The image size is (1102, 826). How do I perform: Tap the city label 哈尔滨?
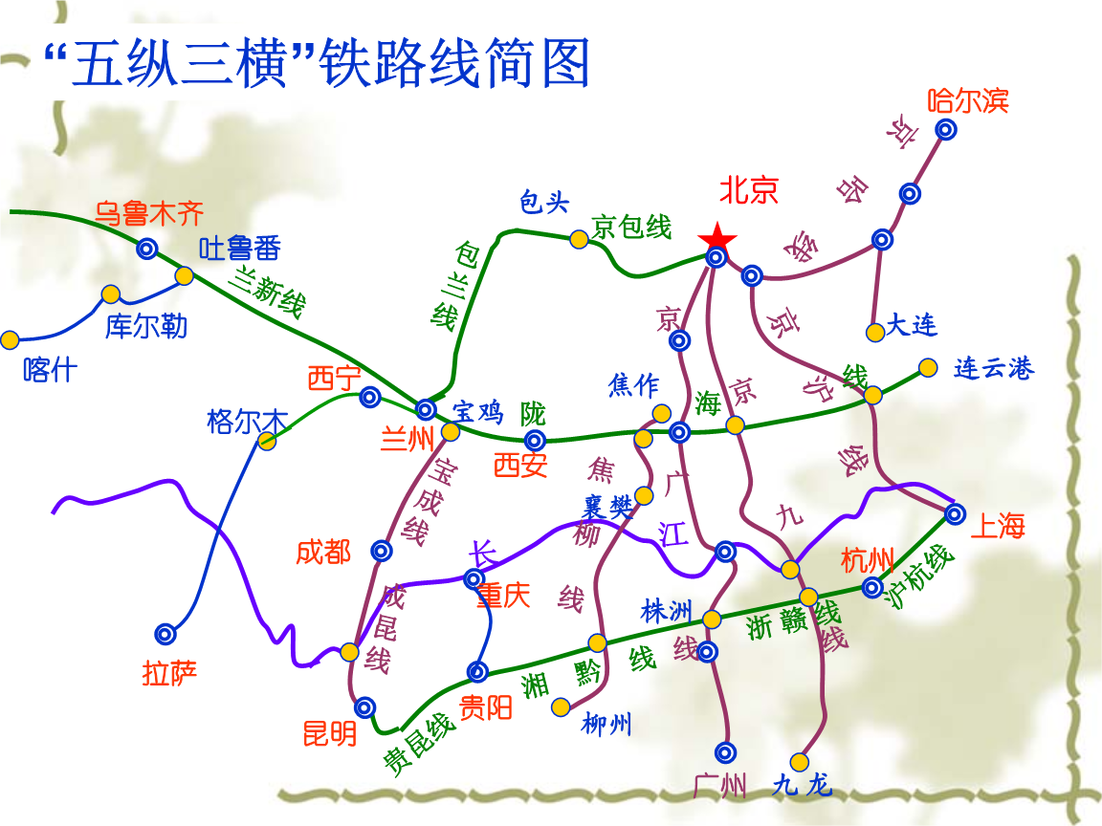pyautogui.click(x=968, y=101)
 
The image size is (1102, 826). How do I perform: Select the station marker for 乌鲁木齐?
pyautogui.click(x=147, y=249)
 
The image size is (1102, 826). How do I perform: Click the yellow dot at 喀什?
pyautogui.click(x=10, y=340)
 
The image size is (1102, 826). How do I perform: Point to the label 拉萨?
pyautogui.click(x=169, y=673)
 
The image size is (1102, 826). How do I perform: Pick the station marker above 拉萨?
pyautogui.click(x=165, y=634)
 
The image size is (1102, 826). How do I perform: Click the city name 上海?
pyautogui.click(x=998, y=526)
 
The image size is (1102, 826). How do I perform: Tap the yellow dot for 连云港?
pyautogui.click(x=929, y=367)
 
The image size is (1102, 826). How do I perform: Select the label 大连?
pyautogui.click(x=912, y=325)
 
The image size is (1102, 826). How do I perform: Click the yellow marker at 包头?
pyautogui.click(x=579, y=240)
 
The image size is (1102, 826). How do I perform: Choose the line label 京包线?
pyautogui.click(x=631, y=227)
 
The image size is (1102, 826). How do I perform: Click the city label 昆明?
pyautogui.click(x=330, y=734)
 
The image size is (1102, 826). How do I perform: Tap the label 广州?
pyautogui.click(x=719, y=785)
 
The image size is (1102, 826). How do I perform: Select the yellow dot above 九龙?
pyautogui.click(x=799, y=762)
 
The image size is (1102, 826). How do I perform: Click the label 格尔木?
pyautogui.click(x=248, y=423)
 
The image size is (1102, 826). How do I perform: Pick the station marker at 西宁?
pyautogui.click(x=370, y=398)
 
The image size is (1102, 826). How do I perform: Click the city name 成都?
pyautogui.click(x=323, y=552)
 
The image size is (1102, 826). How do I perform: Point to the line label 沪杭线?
pyautogui.click(x=919, y=576)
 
